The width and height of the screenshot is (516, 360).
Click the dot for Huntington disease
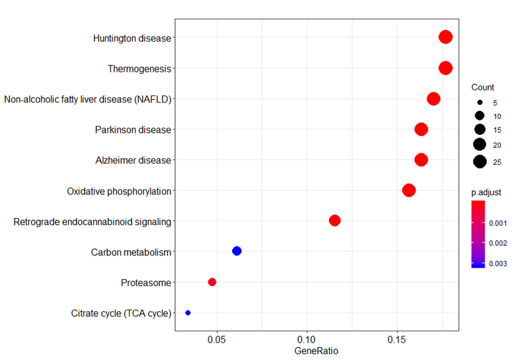coord(446,37)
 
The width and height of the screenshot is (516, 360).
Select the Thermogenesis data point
coord(446,68)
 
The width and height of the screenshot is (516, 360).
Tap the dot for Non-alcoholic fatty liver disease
coord(434,99)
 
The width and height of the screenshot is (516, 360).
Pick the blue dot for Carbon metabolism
coord(237,251)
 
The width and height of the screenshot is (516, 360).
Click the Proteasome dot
coord(212,282)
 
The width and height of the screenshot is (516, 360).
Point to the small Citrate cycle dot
coord(188,313)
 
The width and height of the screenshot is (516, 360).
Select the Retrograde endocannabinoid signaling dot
coord(335,220)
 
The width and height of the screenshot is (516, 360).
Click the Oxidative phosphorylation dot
coord(409,190)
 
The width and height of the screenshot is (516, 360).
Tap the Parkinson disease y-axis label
coord(133,130)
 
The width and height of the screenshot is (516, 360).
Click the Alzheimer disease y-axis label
coord(133,161)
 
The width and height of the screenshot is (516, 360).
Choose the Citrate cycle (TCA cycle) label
coord(121,313)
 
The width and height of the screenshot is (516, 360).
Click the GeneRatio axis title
coord(316,351)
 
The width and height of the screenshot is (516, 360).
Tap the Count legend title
coord(483,87)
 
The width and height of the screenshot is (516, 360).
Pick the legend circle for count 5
coord(479,103)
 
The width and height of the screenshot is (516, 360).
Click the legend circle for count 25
coord(479,162)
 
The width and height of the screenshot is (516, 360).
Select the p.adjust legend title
coord(484,193)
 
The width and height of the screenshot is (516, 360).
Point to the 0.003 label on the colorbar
coord(499,263)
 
